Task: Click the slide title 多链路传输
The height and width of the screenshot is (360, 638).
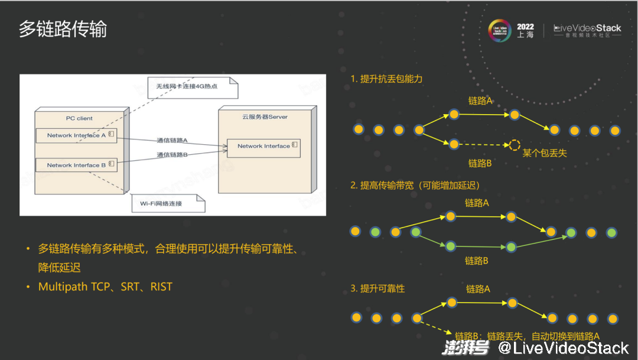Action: click(x=63, y=29)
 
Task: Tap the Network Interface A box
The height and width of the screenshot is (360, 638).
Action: click(x=76, y=135)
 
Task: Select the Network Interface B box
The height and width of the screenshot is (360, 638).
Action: click(x=76, y=165)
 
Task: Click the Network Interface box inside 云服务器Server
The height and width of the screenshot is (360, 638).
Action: click(x=263, y=146)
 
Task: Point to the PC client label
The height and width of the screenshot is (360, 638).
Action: click(x=79, y=118)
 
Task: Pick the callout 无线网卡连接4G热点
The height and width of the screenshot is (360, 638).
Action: click(x=187, y=86)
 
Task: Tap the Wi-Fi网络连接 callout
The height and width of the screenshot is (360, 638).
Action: click(x=161, y=203)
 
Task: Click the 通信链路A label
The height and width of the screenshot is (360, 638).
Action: click(x=172, y=141)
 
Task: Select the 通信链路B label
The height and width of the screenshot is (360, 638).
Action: click(x=172, y=155)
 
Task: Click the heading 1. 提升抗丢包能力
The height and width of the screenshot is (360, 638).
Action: click(x=386, y=79)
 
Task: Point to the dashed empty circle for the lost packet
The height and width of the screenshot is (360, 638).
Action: click(x=515, y=144)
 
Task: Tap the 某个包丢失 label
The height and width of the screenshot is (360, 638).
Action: click(x=545, y=153)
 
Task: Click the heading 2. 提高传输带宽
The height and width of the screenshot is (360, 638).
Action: click(x=415, y=185)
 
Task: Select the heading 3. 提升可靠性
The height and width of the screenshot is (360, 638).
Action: click(x=377, y=288)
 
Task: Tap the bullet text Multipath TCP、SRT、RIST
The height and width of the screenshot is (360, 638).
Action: click(x=105, y=287)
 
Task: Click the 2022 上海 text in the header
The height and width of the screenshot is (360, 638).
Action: click(x=525, y=31)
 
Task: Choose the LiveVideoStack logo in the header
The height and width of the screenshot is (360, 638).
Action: click(x=587, y=31)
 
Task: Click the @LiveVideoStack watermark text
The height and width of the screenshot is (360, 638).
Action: click(x=562, y=348)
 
